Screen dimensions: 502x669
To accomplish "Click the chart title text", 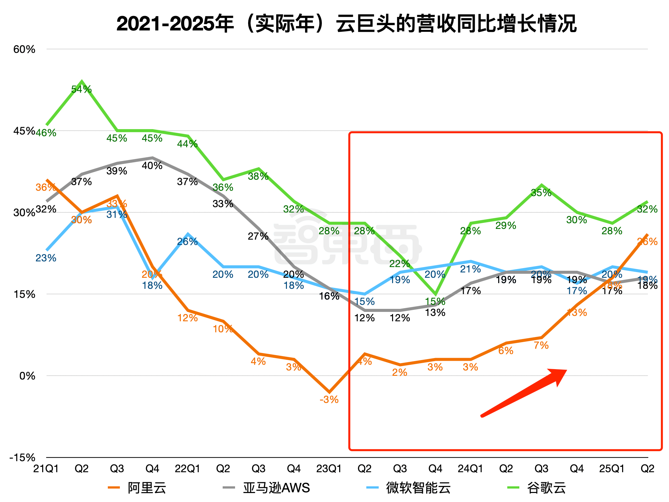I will click(347, 24).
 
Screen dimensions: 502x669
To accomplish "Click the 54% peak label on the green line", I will click(81, 89).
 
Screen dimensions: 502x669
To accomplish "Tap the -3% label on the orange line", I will click(329, 400).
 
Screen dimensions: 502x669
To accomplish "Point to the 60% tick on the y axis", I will click(24, 50).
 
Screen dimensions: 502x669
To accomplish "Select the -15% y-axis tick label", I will click(22, 457).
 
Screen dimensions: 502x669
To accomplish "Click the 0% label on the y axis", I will click(27, 376).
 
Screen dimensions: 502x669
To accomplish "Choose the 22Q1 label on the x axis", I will click(188, 469).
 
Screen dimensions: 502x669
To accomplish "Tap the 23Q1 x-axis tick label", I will click(329, 469).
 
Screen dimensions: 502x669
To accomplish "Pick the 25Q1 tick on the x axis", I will click(612, 469).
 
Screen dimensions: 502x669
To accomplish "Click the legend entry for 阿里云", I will click(137, 488).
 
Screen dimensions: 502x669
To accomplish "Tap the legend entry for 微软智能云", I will click(409, 488).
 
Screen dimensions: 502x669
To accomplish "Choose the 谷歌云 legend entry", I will click(537, 488).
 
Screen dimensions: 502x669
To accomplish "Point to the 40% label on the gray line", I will click(152, 166).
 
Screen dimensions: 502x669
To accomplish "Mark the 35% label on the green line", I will click(541, 193).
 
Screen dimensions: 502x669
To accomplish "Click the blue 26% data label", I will click(188, 242).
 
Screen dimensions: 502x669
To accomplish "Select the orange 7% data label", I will click(541, 345).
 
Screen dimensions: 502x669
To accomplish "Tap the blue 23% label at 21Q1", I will click(46, 258).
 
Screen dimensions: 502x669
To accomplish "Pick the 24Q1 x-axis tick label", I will click(470, 469).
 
